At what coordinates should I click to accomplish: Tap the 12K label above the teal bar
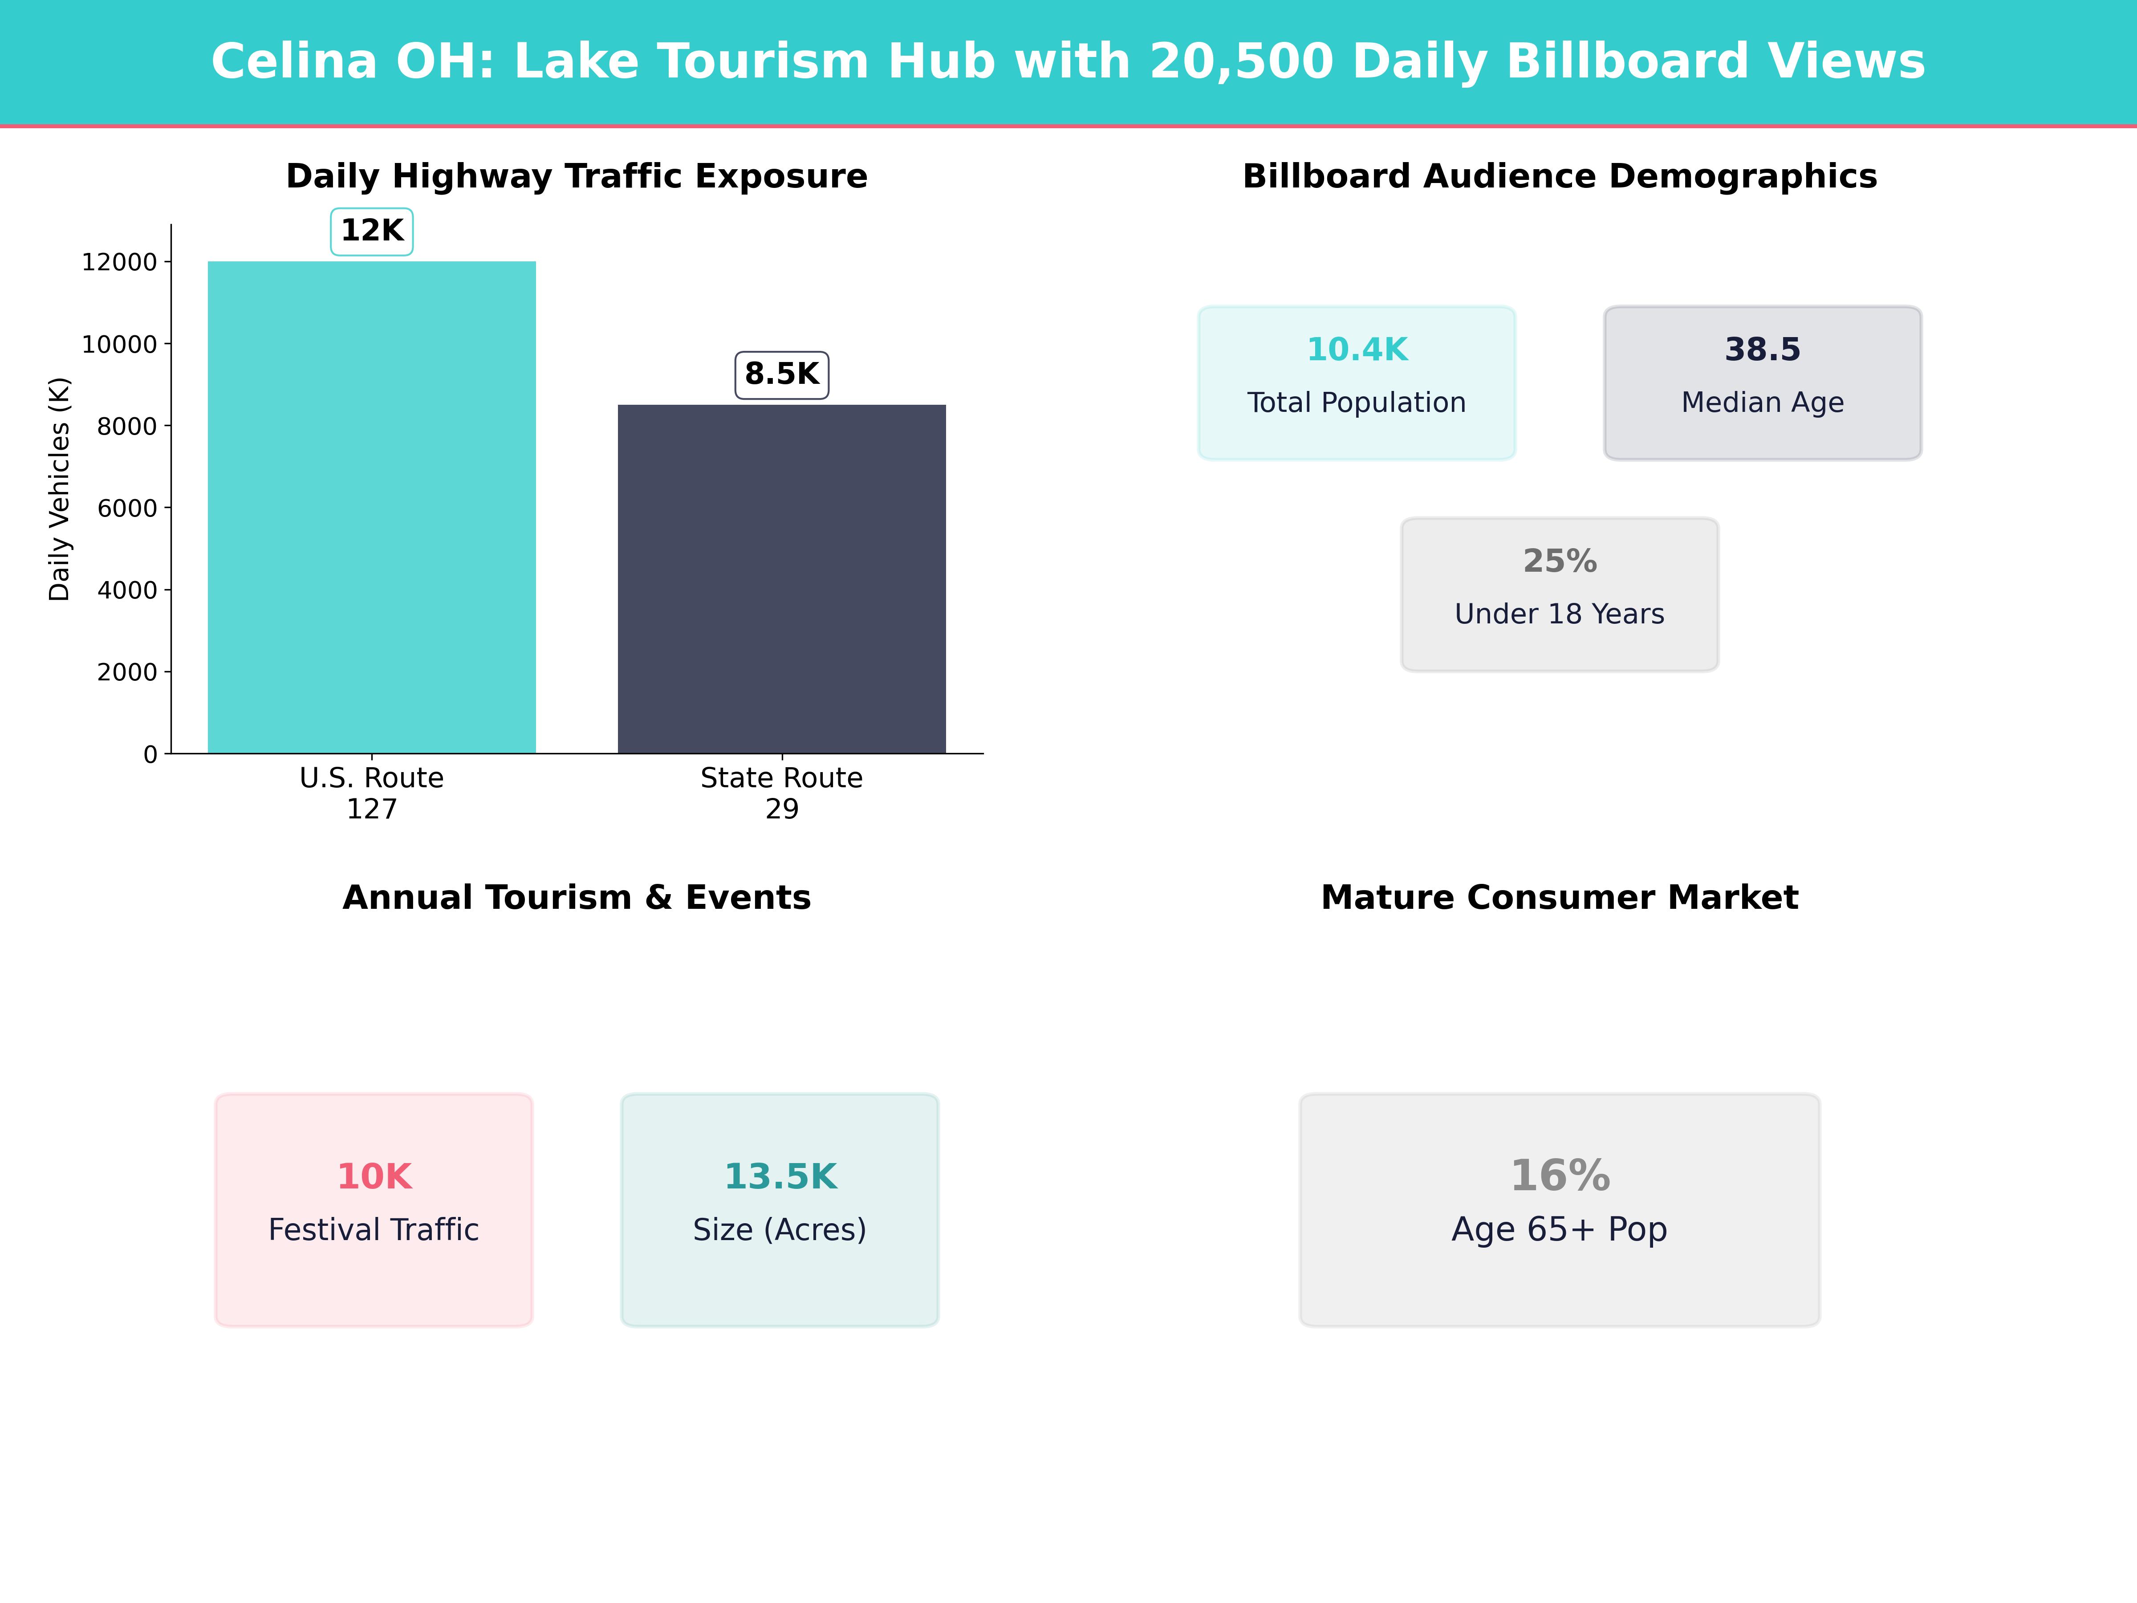coord(372,231)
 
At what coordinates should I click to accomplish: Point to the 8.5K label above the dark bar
coord(782,374)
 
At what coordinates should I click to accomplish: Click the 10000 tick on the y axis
coord(119,344)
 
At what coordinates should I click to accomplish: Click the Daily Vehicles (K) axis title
coord(60,489)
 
